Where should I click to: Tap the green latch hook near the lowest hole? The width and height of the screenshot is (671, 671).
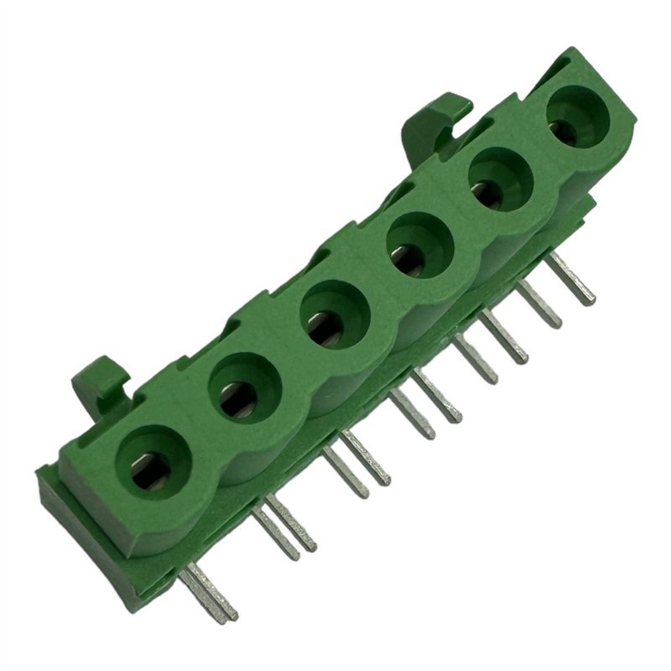point(101,382)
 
